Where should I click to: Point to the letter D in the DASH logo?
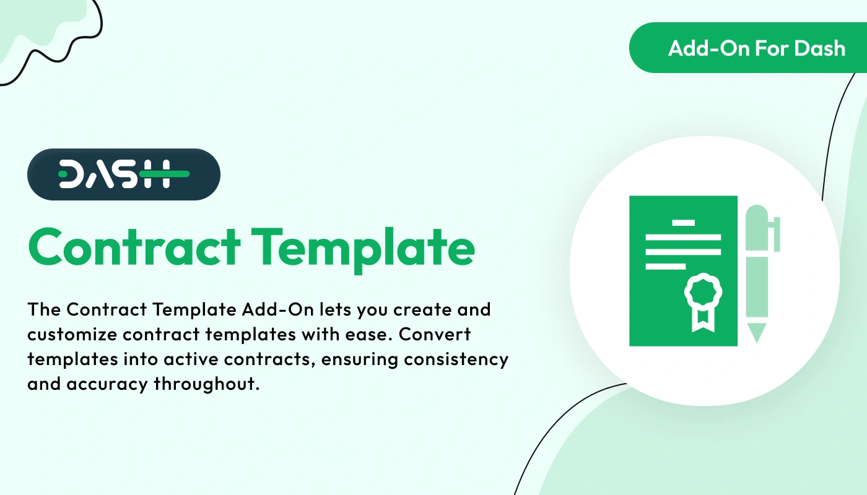coord(72,174)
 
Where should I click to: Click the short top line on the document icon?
coord(683,222)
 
